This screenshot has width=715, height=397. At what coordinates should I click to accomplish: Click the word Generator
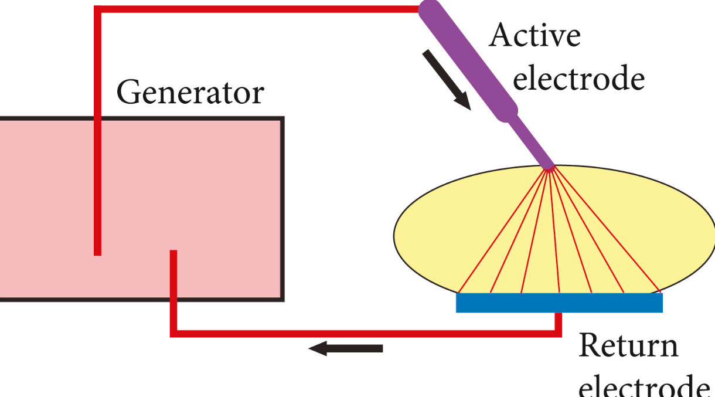click(x=190, y=93)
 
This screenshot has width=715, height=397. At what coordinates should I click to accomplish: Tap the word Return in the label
click(x=628, y=345)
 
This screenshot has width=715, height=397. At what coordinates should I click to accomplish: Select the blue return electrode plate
click(x=559, y=303)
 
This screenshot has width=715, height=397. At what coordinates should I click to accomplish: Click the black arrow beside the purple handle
click(x=447, y=80)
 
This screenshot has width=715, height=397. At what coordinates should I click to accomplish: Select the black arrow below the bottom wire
click(x=346, y=349)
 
